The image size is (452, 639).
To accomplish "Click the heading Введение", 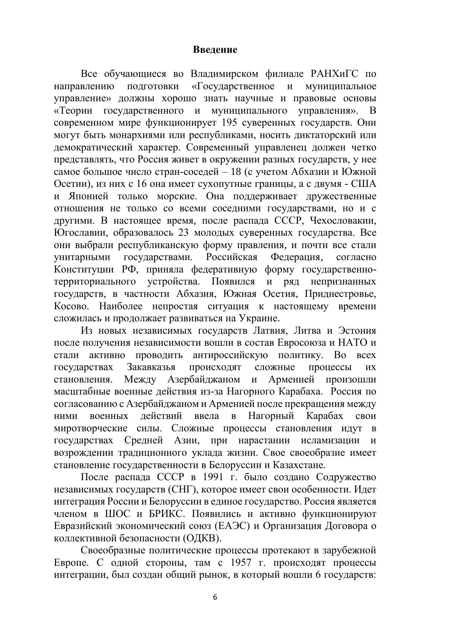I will [215, 50].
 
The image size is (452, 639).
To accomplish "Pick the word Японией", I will [89, 196].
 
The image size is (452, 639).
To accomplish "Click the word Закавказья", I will [151, 367].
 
